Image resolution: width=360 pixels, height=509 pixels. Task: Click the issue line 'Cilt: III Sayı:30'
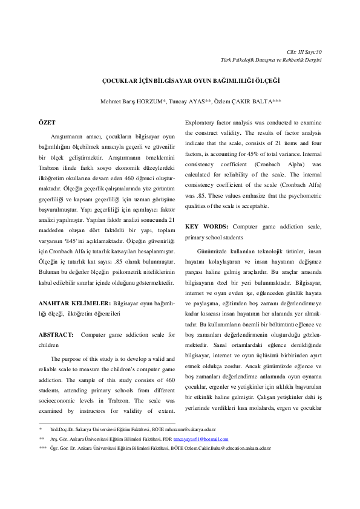(304, 51)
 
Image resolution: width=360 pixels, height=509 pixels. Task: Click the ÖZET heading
(47, 123)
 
